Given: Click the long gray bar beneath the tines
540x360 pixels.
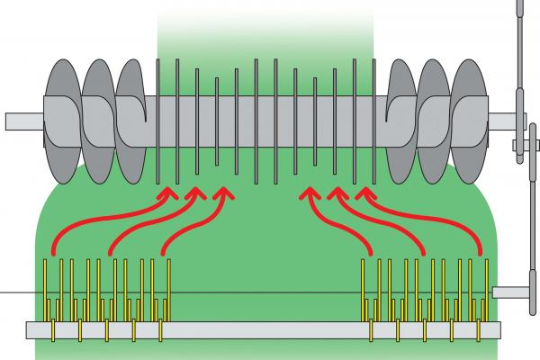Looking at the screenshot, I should [261, 329].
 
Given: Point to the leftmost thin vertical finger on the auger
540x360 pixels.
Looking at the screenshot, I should [159, 117].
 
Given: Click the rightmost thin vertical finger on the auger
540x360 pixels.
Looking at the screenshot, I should [373, 117].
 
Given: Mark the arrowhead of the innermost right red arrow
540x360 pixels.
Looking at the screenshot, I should [310, 193].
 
